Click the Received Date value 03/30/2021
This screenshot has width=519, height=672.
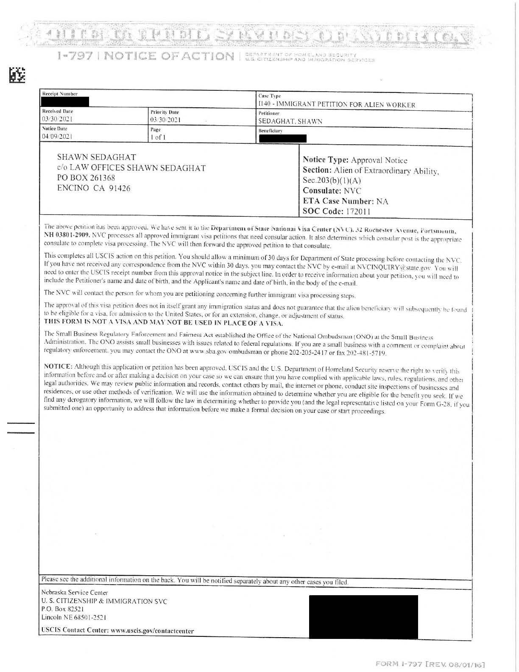click(56, 119)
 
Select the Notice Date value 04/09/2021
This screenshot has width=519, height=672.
click(57, 137)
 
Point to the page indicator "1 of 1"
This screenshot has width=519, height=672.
click(158, 137)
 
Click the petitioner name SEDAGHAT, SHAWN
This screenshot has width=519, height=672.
click(290, 121)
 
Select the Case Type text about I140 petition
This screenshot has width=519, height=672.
click(337, 105)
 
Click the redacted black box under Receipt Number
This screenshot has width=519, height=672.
click(65, 101)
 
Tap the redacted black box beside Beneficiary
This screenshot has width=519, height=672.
click(282, 138)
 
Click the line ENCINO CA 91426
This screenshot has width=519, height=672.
click(94, 188)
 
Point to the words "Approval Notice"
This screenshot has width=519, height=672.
click(379, 160)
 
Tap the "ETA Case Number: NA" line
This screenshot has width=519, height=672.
click(345, 201)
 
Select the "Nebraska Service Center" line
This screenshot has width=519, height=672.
click(75, 592)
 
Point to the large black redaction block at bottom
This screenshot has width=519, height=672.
click(363, 616)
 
